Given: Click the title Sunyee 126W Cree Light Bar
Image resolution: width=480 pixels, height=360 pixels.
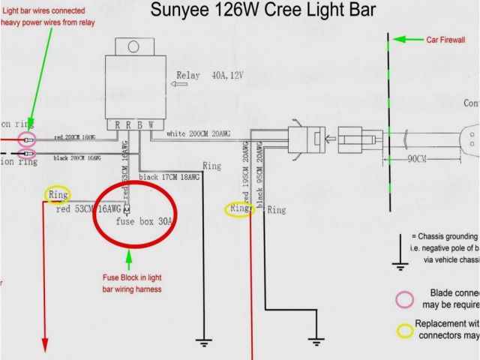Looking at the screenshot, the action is tap(263, 11).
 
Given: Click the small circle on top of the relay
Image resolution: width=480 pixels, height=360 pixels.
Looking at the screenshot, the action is tap(134, 46).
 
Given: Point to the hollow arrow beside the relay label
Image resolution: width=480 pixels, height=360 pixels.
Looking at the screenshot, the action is tap(180, 85).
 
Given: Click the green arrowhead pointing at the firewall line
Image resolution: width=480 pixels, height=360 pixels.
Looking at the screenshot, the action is tap(400, 39).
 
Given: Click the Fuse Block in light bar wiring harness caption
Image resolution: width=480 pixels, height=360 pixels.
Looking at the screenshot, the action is tap(132, 283).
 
